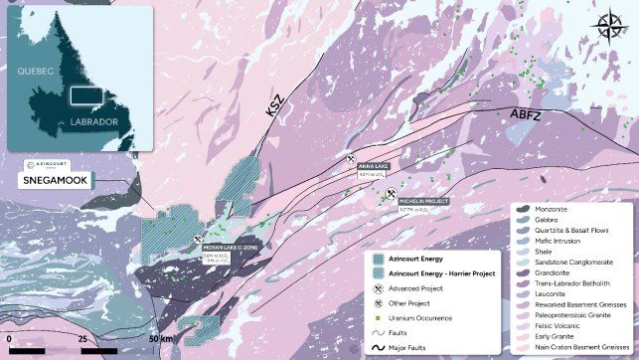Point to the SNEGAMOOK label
tap(46, 182)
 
